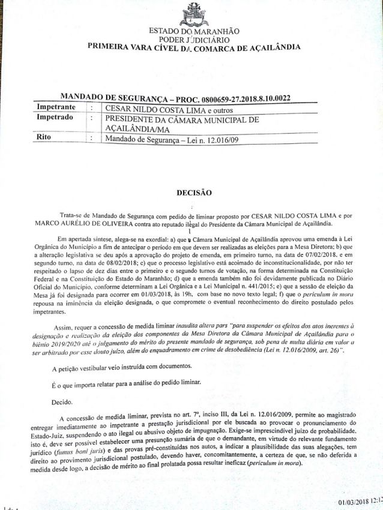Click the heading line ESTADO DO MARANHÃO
pos(194,31)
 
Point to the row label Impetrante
pos(56,107)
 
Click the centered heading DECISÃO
pos(192,193)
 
